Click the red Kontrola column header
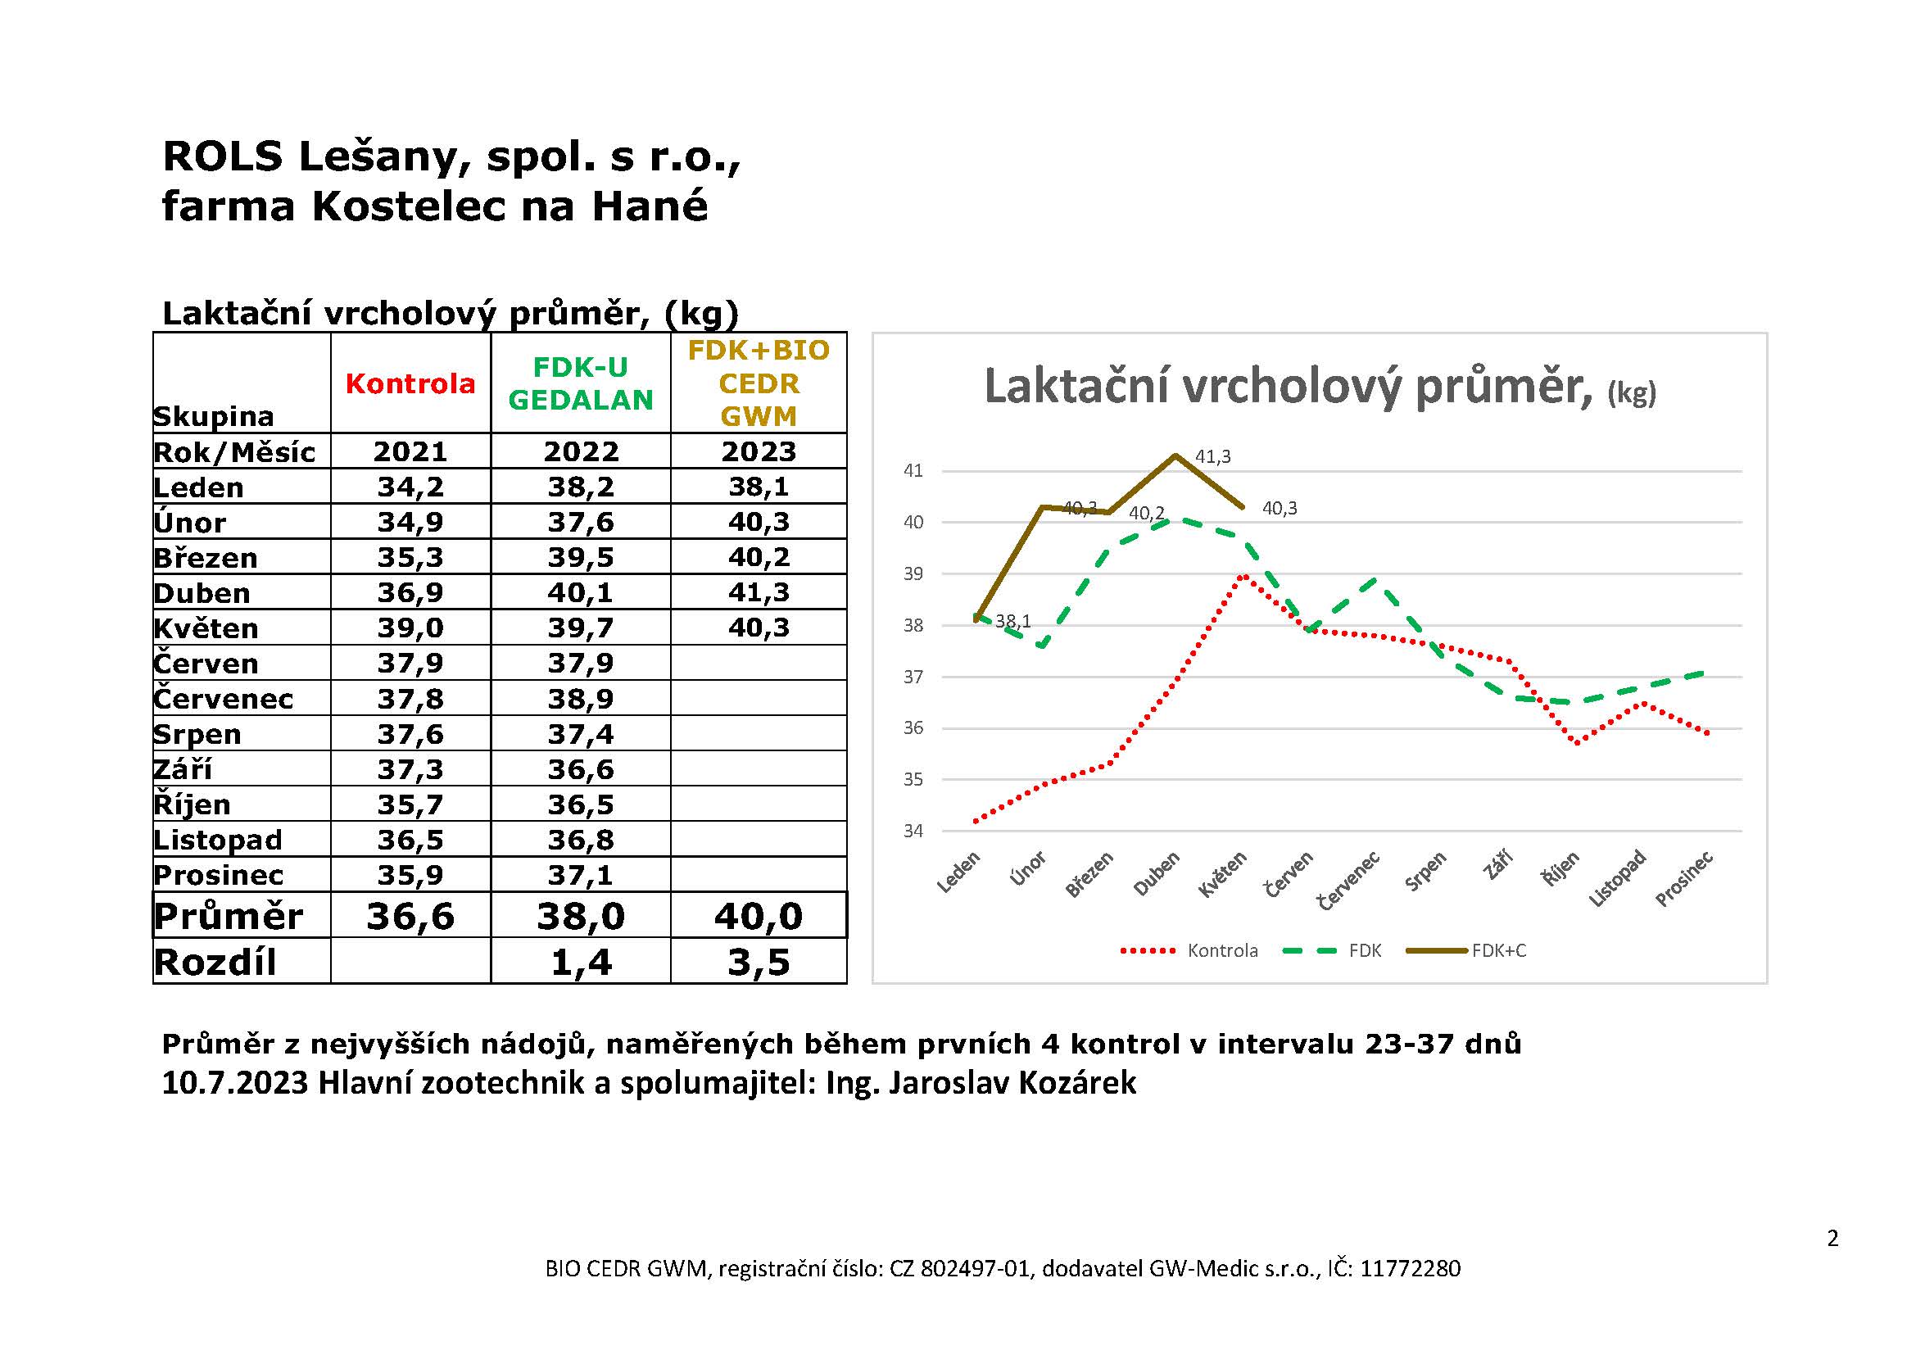coord(410,383)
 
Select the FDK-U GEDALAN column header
coord(581,383)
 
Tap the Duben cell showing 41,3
coord(759,592)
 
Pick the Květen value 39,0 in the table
coord(410,628)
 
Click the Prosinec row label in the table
coord(219,875)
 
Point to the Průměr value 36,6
coord(410,916)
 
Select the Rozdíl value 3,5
coord(759,962)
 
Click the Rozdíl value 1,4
coord(581,962)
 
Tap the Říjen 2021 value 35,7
coord(410,804)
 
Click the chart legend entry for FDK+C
coord(1499,950)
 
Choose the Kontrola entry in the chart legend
coord(1222,950)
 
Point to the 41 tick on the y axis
coord(914,470)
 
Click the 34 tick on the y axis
coord(914,831)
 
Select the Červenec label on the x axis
coord(1349,880)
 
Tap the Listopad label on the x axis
coord(1617,877)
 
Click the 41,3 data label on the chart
coord(1212,456)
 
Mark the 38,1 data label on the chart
coord(1013,622)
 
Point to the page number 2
coord(1832,1238)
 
